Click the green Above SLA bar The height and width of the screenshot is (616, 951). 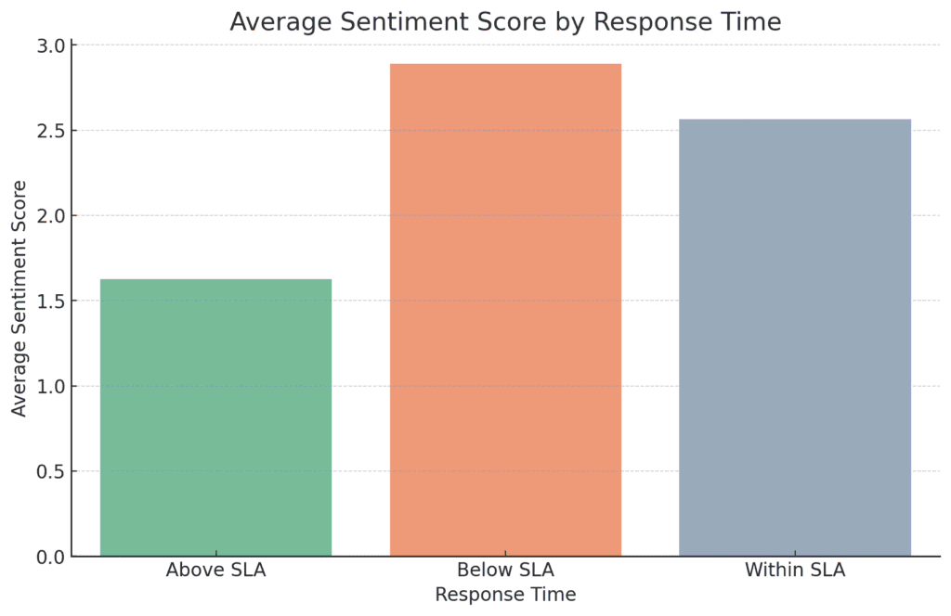click(x=215, y=417)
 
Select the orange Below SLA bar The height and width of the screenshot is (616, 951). click(x=505, y=310)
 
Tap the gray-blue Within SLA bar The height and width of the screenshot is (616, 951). click(x=795, y=338)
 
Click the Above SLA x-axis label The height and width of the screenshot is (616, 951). click(x=215, y=570)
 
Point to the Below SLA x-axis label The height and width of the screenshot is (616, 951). click(x=505, y=570)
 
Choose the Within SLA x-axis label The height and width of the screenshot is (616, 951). click(x=795, y=570)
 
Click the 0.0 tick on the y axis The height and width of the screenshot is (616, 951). click(x=51, y=557)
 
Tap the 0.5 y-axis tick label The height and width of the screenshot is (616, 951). click(x=51, y=471)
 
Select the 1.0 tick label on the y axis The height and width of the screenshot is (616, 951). click(x=51, y=386)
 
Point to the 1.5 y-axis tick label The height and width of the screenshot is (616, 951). click(x=51, y=301)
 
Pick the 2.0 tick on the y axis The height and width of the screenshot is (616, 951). click(x=51, y=215)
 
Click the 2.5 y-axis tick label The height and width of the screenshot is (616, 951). click(x=51, y=130)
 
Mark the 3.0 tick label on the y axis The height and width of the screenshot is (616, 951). click(x=51, y=45)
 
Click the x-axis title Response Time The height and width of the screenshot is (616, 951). click(x=505, y=595)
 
